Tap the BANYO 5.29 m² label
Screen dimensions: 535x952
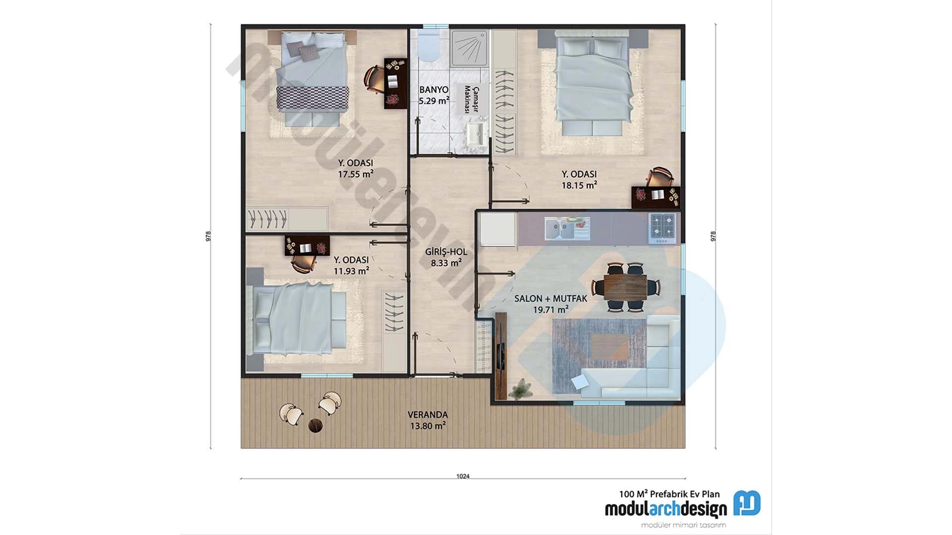(434, 95)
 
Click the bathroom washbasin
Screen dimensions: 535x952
(476, 134)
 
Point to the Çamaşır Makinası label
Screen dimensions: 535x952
(471, 99)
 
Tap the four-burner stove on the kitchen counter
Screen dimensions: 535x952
(663, 228)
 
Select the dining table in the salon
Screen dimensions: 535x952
(625, 287)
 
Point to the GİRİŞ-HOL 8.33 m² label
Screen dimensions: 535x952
(446, 257)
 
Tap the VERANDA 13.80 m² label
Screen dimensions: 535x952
(427, 420)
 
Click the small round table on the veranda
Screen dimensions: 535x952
(315, 425)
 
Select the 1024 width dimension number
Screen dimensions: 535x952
(463, 476)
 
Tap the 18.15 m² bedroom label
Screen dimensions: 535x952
(579, 180)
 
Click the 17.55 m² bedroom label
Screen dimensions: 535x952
(356, 168)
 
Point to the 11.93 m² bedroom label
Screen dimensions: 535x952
(351, 266)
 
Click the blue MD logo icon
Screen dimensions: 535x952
(747, 503)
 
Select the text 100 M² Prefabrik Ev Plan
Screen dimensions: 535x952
(669, 494)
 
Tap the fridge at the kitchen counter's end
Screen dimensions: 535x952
(497, 229)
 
